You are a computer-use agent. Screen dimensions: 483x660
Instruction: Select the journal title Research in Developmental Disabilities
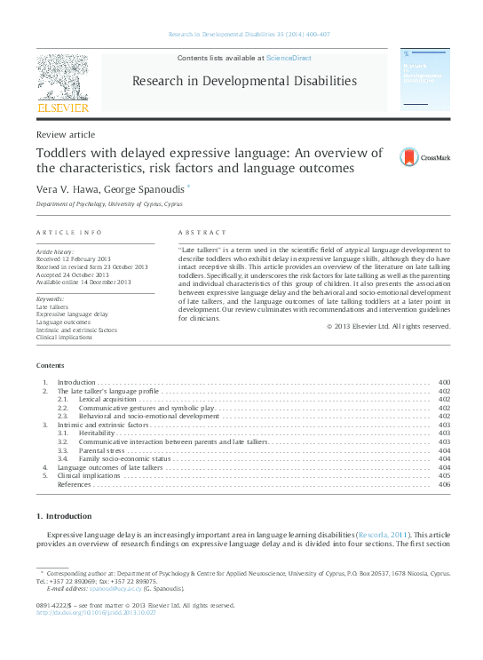pyautogui.click(x=244, y=82)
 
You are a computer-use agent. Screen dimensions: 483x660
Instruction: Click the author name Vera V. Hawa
pyautogui.click(x=65, y=189)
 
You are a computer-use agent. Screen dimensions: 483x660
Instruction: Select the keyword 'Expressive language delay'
pyautogui.click(x=73, y=314)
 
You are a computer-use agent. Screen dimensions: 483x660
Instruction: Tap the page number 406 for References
pyautogui.click(x=444, y=484)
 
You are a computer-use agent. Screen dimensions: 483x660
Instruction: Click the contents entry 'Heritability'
pyautogui.click(x=97, y=433)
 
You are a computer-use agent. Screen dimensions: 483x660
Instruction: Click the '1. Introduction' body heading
pyautogui.click(x=63, y=516)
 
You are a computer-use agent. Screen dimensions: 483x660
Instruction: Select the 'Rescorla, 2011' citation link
pyautogui.click(x=383, y=535)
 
